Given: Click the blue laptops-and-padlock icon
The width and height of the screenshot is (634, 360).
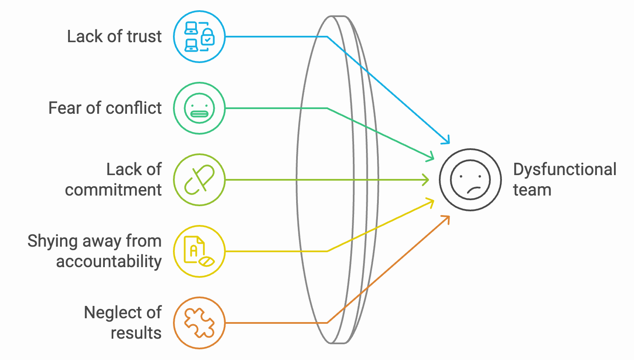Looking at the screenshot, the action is point(199,37).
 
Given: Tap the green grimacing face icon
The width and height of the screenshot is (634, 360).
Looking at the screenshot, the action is point(199,108).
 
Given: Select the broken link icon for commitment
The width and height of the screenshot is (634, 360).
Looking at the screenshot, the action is point(199,180).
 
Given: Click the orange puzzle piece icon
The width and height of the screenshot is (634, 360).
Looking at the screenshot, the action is point(199,323).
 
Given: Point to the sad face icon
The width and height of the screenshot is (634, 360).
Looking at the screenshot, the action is point(470,180).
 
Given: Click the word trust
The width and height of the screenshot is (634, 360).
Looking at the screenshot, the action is point(144,37).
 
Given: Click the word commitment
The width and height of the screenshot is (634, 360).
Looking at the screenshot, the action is point(113,190).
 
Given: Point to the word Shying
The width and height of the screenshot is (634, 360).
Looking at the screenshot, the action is point(53,242).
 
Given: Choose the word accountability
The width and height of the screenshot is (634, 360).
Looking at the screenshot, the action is point(109,261).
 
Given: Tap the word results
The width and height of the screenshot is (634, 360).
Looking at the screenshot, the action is point(136,333).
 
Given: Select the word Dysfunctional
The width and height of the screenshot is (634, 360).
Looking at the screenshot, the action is point(565,170).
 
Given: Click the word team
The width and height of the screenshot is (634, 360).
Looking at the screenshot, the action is point(533,190).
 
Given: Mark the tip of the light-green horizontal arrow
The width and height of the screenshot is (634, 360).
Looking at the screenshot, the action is point(429,180).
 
